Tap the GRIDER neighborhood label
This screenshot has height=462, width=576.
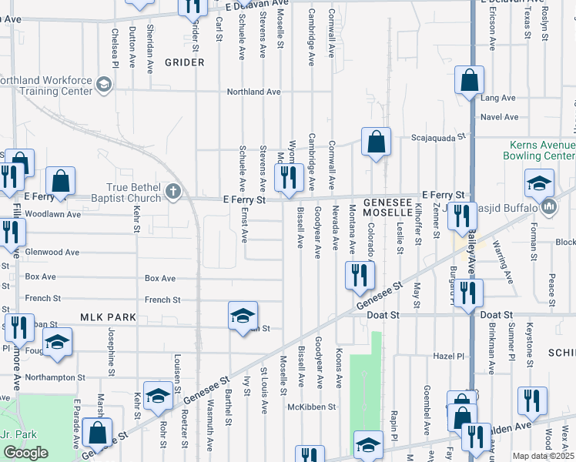click(x=184, y=62)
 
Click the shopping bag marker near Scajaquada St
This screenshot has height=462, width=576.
click(x=375, y=142)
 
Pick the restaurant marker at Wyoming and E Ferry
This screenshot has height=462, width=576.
click(x=288, y=178)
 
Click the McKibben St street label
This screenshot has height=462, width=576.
click(x=312, y=406)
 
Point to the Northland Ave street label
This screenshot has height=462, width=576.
click(x=256, y=92)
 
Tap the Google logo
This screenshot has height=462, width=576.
click(x=25, y=453)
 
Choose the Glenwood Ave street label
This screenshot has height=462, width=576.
click(x=52, y=252)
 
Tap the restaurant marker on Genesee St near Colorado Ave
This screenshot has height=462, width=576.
click(x=358, y=275)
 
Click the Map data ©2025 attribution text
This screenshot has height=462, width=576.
click(x=544, y=456)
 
